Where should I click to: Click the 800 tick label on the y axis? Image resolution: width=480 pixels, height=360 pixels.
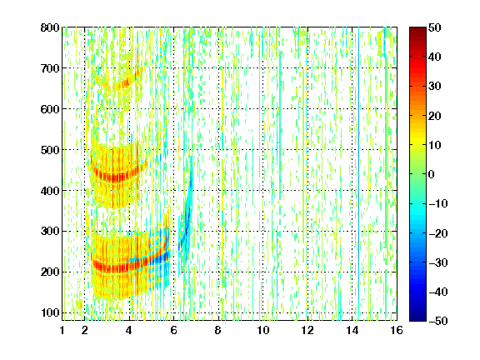(x=50, y=27)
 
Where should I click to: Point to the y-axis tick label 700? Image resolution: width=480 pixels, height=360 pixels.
(x=50, y=68)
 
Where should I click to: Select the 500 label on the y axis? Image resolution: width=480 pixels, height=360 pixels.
(x=50, y=150)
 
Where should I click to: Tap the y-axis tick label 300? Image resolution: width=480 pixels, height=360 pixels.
(x=50, y=231)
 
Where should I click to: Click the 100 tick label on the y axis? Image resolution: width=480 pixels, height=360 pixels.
(x=50, y=312)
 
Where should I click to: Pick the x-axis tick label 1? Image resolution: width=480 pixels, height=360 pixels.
(x=62, y=330)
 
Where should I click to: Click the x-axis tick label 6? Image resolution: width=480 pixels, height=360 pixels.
(x=174, y=330)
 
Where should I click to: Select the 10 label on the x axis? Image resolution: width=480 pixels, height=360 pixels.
(x=263, y=330)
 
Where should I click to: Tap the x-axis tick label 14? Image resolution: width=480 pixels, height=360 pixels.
(x=352, y=330)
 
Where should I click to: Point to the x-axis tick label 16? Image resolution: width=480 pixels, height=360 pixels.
(x=397, y=330)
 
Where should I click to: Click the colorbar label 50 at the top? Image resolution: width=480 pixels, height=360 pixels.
(x=434, y=27)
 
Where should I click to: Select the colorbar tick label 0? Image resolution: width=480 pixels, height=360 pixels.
(x=432, y=174)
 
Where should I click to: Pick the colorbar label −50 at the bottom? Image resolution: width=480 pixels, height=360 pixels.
(x=437, y=321)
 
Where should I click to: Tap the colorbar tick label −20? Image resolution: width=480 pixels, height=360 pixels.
(x=437, y=233)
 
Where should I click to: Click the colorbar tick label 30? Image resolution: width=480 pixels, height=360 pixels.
(x=434, y=87)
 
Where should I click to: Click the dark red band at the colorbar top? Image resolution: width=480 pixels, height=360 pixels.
(x=417, y=33)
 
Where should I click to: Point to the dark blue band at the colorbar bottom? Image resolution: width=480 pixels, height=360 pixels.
(x=417, y=314)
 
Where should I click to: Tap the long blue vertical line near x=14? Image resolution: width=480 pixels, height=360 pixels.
(x=358, y=172)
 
